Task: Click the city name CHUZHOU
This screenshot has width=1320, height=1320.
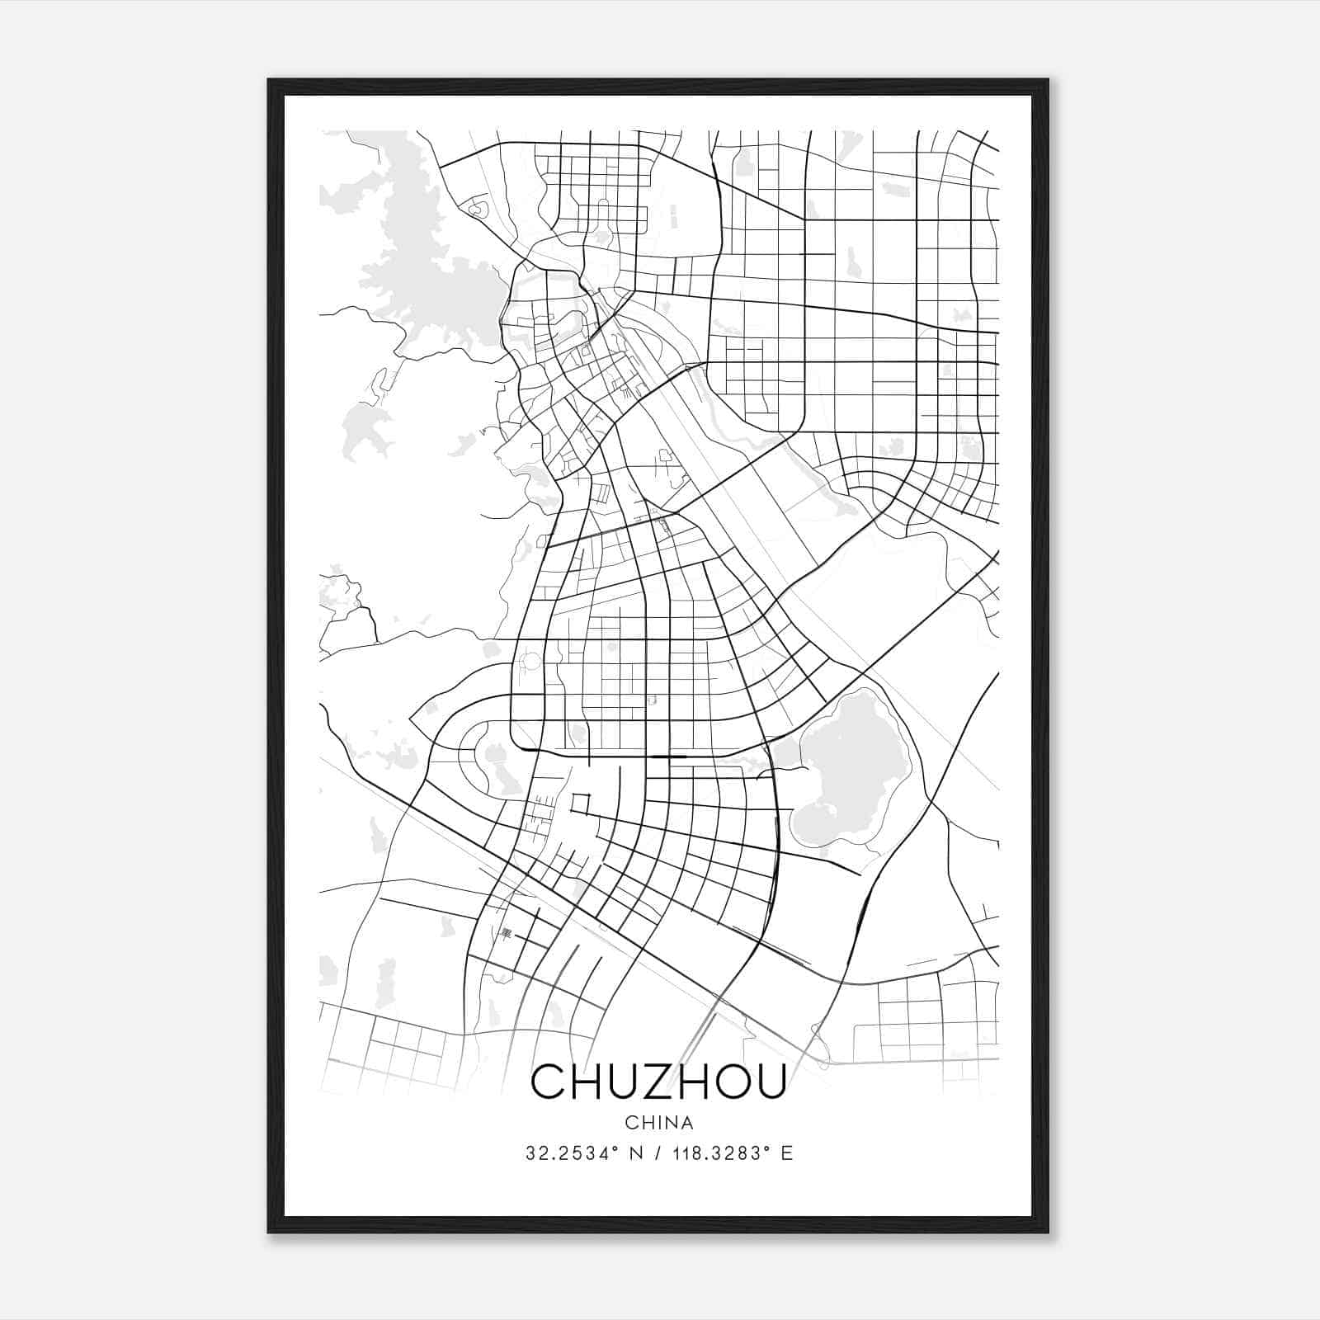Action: coord(658,1082)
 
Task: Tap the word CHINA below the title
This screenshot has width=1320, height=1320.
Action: coord(659,1123)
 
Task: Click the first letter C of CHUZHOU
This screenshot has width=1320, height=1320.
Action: coord(548,1082)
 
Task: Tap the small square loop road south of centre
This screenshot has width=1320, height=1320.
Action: coord(582,802)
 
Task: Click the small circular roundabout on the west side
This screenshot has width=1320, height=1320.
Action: coord(530,661)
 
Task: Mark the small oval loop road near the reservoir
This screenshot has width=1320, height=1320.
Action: coord(476,209)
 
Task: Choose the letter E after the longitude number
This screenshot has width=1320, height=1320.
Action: coord(787,1153)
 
